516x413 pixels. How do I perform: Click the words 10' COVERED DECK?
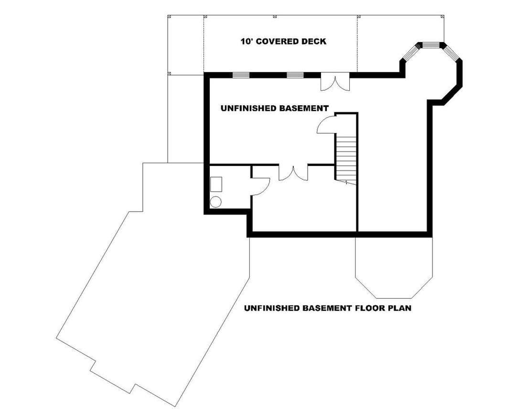(283, 42)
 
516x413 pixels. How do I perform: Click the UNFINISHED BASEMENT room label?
(274, 108)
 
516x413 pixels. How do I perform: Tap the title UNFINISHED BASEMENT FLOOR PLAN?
(327, 308)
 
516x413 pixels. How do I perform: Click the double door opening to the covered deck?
(335, 82)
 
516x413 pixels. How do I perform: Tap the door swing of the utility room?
(261, 187)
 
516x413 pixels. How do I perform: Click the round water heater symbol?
(215, 202)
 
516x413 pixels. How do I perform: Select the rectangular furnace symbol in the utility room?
(216, 184)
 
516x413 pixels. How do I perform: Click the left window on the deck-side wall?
(241, 75)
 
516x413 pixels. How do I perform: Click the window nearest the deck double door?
(295, 75)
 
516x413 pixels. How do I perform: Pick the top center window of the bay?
(431, 45)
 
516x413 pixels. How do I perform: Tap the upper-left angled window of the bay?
(411, 53)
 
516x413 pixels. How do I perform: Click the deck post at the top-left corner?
(169, 16)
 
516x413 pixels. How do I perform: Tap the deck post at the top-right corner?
(442, 16)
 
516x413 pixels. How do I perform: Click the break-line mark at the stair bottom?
(346, 182)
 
